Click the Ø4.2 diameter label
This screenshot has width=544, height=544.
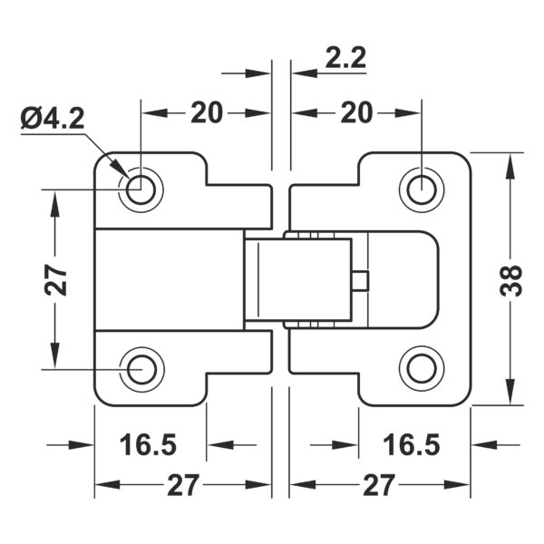[x=53, y=118]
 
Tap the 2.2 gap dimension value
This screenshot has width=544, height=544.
[x=345, y=58]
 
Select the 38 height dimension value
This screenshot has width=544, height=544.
[x=512, y=281]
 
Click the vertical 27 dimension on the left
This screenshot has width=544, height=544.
[x=55, y=279]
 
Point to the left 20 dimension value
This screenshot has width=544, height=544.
[x=207, y=112]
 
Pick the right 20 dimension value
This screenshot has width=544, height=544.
[x=356, y=112]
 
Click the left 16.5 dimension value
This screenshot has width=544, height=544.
[x=148, y=444]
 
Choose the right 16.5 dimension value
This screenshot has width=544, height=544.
[x=412, y=444]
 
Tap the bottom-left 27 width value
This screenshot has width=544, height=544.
[x=183, y=485]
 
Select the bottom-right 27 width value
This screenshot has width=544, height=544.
[x=378, y=485]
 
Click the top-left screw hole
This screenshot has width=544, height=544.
[x=141, y=189]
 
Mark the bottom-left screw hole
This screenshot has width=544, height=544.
[x=141, y=370]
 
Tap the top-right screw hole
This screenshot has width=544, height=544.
[x=422, y=189]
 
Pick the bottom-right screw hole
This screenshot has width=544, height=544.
[x=422, y=369]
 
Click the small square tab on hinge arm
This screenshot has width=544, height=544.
[x=360, y=281]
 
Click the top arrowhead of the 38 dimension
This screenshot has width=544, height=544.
[x=510, y=166]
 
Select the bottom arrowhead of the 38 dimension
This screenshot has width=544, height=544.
[x=510, y=392]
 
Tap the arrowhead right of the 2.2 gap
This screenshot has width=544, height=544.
[x=305, y=73]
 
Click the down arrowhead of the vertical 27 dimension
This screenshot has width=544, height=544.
[x=55, y=355]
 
